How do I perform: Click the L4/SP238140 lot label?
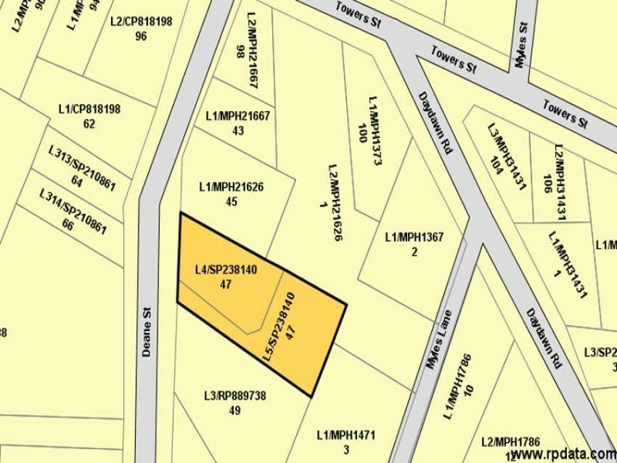(x=226, y=269)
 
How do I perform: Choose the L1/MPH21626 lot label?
(x=231, y=186)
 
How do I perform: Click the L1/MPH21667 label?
(x=238, y=116)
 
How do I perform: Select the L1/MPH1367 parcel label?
(x=414, y=237)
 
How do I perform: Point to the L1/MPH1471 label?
(x=346, y=435)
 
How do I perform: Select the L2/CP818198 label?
(x=141, y=21)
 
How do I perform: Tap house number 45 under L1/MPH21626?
(x=231, y=201)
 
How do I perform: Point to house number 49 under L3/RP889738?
(x=234, y=411)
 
